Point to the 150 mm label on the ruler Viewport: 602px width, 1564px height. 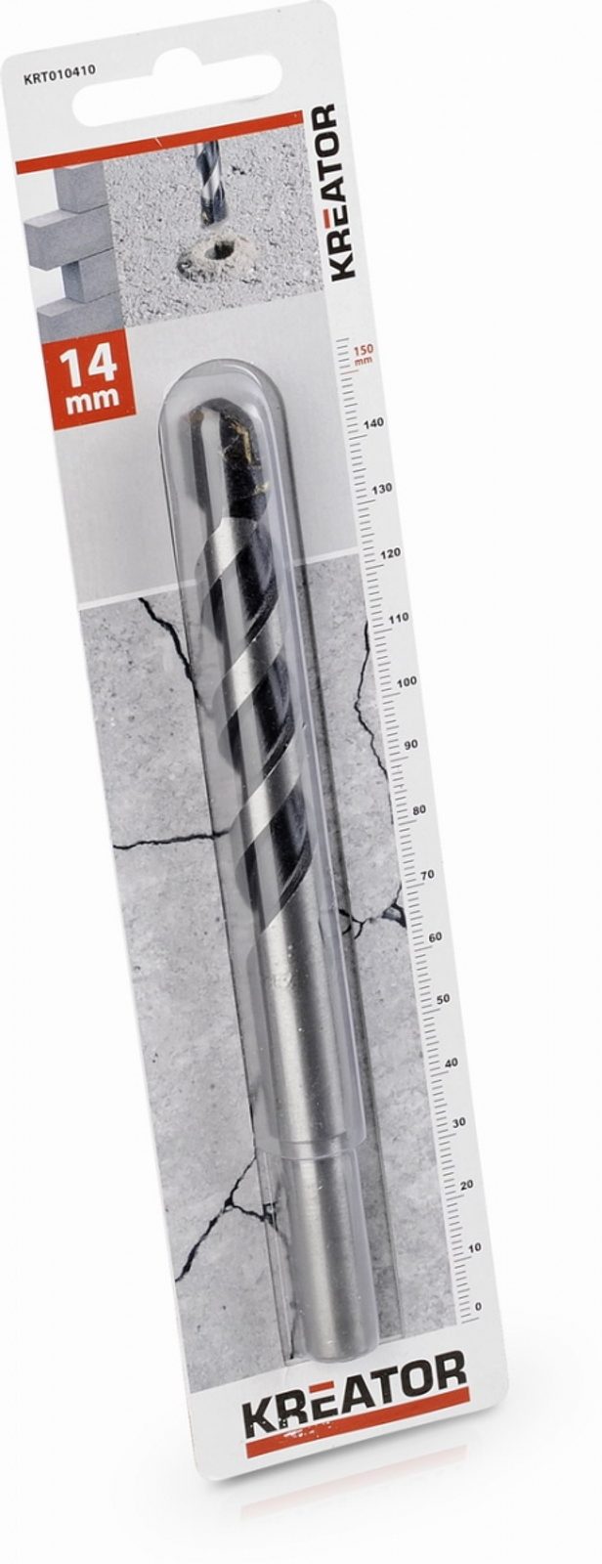[364, 354]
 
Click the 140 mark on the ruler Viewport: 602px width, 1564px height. [374, 423]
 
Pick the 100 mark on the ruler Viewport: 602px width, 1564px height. [407, 681]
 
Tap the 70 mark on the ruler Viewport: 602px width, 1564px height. [427, 874]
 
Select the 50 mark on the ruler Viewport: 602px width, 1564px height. [442, 999]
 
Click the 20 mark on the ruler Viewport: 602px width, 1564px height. [466, 1184]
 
